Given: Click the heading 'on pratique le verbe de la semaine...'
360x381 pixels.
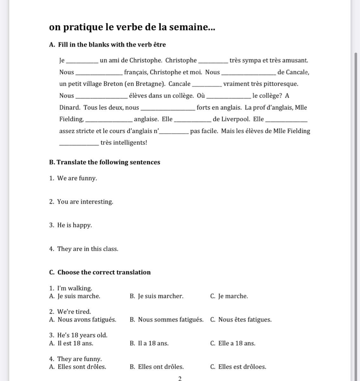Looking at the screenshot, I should point(132,27).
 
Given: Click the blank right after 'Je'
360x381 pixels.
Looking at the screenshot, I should point(82,61).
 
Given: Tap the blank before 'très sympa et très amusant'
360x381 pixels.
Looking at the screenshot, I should point(213,61).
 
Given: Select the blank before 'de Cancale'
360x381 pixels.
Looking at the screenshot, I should point(248,73).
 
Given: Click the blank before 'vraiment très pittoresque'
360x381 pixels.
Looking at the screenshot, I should point(207,85).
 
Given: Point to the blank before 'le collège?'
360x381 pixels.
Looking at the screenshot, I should point(228,97).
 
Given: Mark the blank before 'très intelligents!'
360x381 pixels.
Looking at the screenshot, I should point(79,144).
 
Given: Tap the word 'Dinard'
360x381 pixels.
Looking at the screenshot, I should point(70,108).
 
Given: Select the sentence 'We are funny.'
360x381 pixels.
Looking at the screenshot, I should point(77,178).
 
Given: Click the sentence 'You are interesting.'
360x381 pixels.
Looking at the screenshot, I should point(85,202).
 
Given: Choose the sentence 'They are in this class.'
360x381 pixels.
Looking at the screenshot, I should point(88,249).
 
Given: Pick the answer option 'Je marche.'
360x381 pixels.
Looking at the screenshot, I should point(233,296).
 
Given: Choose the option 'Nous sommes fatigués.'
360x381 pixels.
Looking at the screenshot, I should point(170,320).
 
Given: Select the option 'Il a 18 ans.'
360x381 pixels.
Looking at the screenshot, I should point(153,343).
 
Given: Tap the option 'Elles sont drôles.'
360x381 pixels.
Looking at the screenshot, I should point(82,367).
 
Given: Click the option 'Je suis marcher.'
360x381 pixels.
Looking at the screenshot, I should point(160,296).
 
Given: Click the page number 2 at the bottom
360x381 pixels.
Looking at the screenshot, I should point(180,378).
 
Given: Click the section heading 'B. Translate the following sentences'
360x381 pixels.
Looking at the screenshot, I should point(105,162).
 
